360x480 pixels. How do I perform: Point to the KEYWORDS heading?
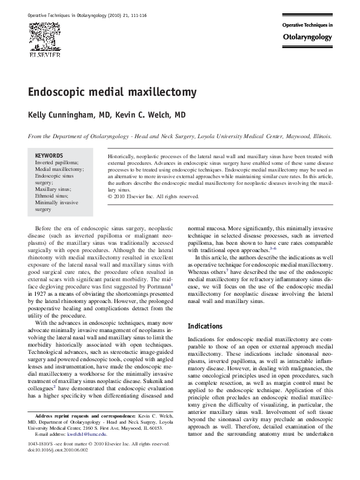pos(49,156)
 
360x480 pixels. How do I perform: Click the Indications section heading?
pos(205,326)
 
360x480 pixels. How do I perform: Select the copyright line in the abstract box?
pos(153,196)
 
